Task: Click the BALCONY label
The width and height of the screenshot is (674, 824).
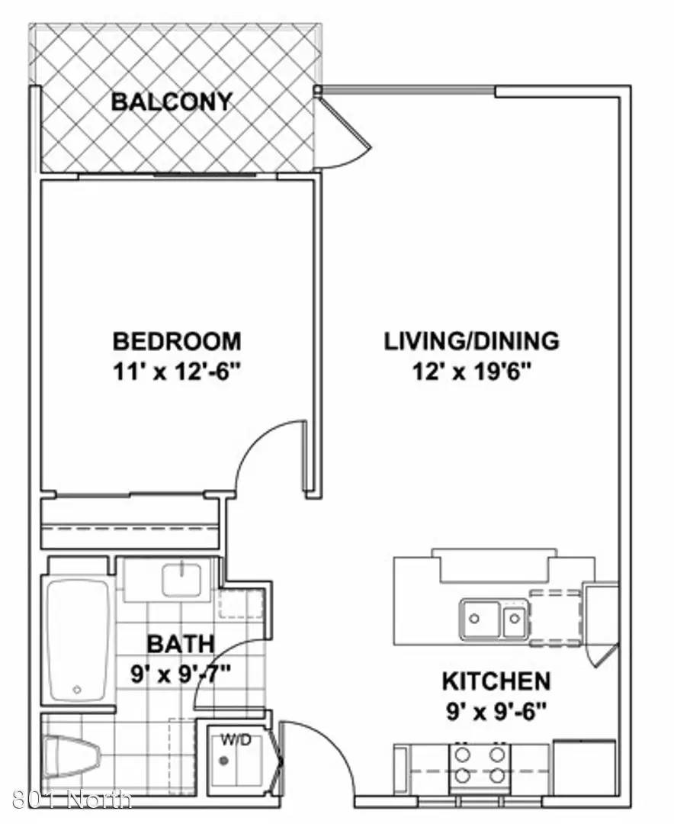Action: click(172, 101)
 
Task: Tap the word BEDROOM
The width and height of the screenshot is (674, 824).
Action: click(177, 341)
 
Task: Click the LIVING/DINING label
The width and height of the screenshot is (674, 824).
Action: click(472, 341)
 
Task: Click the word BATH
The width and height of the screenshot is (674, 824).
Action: click(181, 644)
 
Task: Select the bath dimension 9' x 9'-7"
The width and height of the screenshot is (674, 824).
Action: click(181, 674)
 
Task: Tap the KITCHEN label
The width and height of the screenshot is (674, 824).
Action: click(496, 681)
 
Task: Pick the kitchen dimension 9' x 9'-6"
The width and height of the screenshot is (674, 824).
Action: click(496, 713)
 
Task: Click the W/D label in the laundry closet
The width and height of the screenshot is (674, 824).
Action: click(236, 741)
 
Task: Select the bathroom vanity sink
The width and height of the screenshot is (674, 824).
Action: click(181, 580)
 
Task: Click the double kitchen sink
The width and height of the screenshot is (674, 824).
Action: click(494, 619)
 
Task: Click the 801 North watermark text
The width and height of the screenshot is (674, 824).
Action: click(71, 800)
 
